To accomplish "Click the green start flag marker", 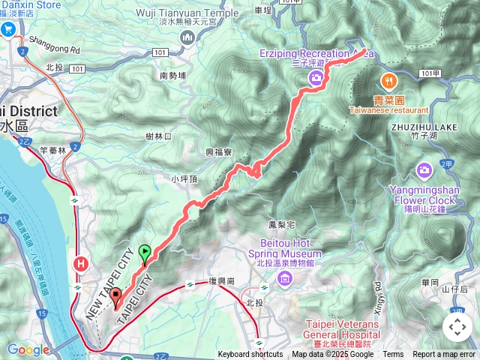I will pos(144,252).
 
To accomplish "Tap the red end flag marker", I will pos(115,297).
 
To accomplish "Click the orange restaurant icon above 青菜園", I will pos(388,80).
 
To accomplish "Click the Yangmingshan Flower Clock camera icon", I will pos(424,171).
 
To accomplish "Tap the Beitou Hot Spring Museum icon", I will pos(283,280).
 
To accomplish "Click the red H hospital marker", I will pos(80,263).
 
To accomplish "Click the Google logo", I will pos(28,349).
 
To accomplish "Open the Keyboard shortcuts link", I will pos(250,355).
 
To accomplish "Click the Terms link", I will pos(393,355).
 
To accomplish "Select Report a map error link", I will pos(444,355).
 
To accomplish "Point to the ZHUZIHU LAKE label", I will pos(423,127).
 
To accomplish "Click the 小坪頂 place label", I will pos(184,179).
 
